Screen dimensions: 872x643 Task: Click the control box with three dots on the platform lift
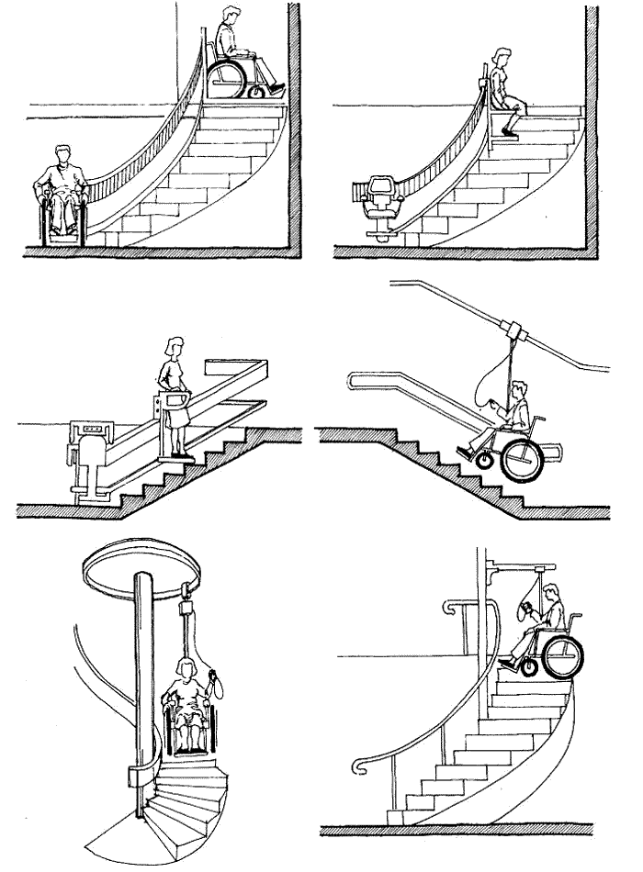[89, 429]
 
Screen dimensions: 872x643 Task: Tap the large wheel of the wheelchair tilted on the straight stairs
[519, 461]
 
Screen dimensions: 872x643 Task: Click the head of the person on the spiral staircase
[186, 665]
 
